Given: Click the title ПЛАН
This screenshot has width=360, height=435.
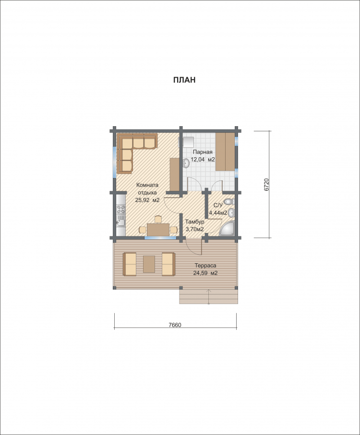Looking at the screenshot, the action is click(184, 80).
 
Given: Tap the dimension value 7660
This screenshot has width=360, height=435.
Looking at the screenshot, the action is click(175, 325).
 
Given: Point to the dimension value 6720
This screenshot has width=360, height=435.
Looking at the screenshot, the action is click(266, 185).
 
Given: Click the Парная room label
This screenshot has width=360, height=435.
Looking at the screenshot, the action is click(203, 152).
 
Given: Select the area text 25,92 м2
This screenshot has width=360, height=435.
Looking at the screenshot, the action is click(147, 200).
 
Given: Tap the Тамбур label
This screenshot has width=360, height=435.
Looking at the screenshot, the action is click(195, 222).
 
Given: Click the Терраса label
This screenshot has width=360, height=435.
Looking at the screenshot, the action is click(205, 266).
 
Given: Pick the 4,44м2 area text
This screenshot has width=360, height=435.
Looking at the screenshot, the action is click(218, 213).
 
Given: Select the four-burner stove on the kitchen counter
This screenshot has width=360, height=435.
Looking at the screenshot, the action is click(121, 209).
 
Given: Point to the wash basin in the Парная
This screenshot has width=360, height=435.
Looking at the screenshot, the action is click(186, 163).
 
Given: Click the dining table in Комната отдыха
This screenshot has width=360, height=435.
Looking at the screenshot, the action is click(158, 230).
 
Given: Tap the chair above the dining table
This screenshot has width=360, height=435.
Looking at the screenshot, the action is click(158, 219).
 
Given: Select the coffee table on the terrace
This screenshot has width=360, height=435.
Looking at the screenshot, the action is click(149, 264).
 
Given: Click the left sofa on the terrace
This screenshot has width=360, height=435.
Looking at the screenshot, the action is click(130, 264).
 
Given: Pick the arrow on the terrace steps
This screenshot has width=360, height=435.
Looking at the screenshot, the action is click(209, 296).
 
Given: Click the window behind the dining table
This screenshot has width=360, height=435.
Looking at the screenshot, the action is click(160, 238).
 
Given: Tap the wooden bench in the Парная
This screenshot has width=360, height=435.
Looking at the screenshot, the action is click(226, 152).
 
